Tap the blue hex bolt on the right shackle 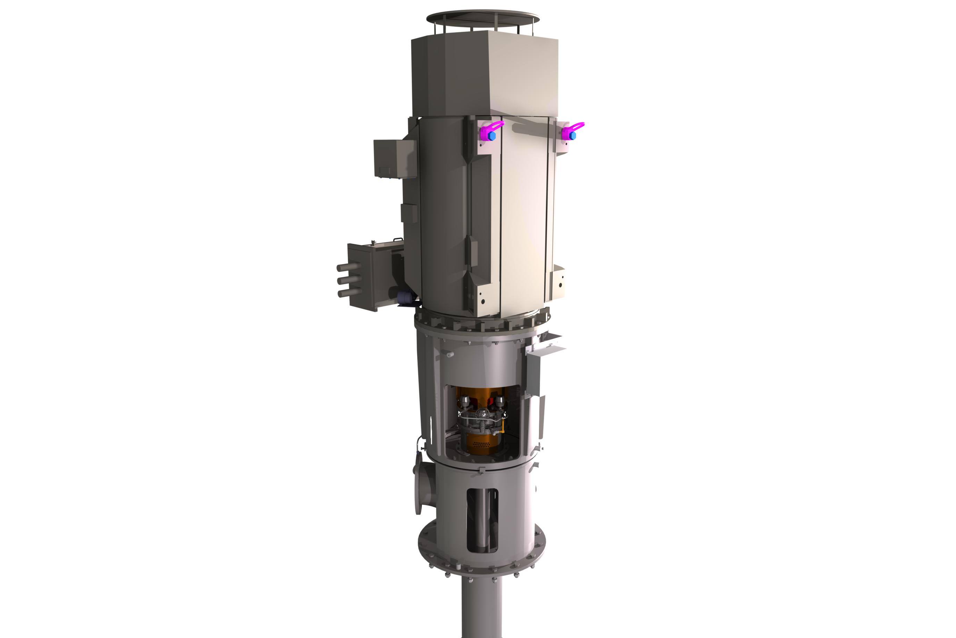point(573,136)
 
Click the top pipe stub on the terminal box point(348,267)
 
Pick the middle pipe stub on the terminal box point(349,280)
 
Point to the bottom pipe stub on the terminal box point(349,292)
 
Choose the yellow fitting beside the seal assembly point(503,427)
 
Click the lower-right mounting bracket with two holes point(559,282)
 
